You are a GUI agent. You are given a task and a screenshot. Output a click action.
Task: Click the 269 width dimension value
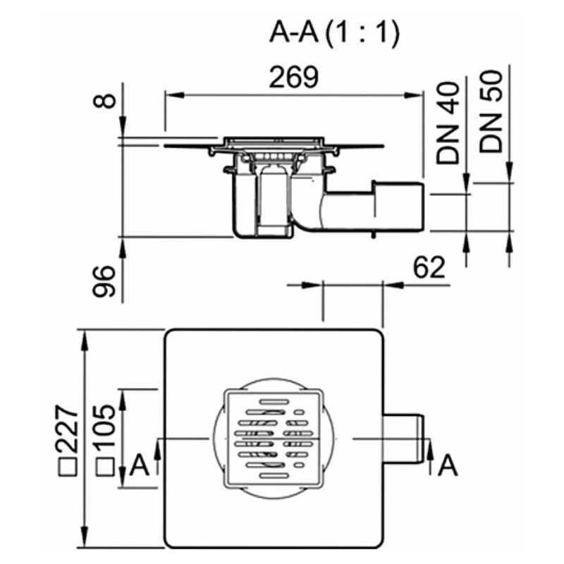[x=294, y=77]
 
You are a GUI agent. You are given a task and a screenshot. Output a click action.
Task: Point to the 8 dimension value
[x=104, y=101]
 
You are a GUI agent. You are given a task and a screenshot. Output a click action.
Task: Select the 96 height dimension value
[x=104, y=281]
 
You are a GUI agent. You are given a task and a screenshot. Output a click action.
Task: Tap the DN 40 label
[x=448, y=123]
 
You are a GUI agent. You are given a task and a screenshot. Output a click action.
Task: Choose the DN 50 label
[x=491, y=111]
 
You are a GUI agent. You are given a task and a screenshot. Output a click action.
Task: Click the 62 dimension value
[x=429, y=268]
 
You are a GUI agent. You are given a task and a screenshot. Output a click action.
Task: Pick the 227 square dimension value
[x=67, y=429]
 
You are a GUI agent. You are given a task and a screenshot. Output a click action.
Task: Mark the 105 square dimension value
[x=105, y=426]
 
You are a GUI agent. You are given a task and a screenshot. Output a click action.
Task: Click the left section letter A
[x=139, y=465]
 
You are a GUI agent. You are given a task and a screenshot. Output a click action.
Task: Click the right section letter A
[x=448, y=465]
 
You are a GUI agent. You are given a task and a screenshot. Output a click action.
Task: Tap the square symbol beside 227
[x=68, y=467]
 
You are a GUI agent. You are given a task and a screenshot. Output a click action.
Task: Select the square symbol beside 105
[x=106, y=467]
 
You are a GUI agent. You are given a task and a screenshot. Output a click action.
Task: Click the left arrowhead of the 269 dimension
[x=174, y=95]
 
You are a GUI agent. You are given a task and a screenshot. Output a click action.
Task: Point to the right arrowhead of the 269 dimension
[x=412, y=95]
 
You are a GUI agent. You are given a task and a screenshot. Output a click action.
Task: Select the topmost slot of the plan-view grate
[x=274, y=401]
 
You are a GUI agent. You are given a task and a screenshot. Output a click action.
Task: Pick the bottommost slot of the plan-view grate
[x=274, y=476]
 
